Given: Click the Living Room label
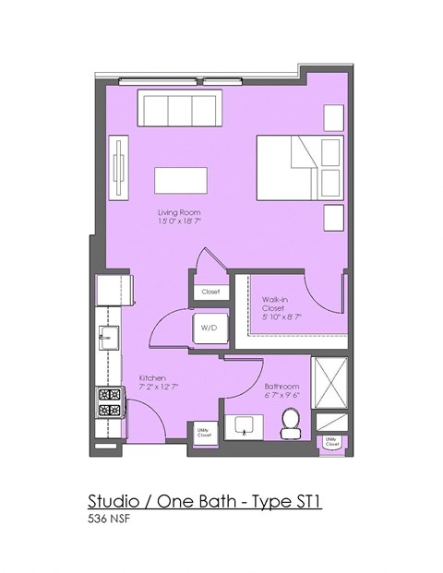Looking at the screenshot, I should pos(178,212).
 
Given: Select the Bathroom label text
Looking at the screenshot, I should pos(281,386).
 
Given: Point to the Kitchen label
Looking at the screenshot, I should pos(151,378).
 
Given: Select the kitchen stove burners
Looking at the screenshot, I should pos(110,402).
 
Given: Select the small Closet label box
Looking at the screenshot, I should pos(210,292).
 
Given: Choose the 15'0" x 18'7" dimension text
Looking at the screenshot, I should pos(178,222).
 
